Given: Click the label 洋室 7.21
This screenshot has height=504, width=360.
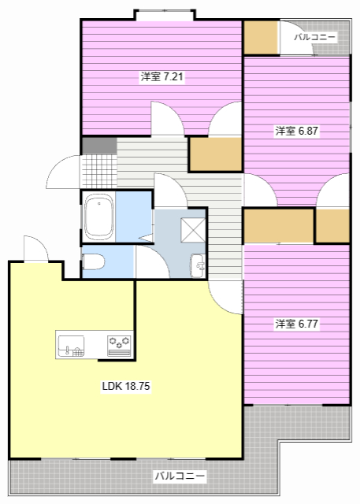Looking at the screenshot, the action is (162, 77).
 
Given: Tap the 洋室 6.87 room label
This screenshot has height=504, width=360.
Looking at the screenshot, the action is (297, 131).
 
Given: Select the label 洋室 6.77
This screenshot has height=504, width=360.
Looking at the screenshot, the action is (297, 324).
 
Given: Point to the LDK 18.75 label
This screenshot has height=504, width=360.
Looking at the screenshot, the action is (126, 386).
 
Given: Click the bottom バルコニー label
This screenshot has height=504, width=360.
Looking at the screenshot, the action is (180, 476).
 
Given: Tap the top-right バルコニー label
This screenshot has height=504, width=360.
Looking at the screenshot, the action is (315, 37).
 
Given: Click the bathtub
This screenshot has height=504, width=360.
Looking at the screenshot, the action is (99, 217).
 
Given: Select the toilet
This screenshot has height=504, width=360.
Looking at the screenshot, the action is (93, 261).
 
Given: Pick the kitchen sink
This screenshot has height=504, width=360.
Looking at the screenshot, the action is (71, 346).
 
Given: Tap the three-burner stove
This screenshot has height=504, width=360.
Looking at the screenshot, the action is (119, 346).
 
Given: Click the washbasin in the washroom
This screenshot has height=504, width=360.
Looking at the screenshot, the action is (198, 265).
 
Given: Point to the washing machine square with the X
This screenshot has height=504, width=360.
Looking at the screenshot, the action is (193, 229).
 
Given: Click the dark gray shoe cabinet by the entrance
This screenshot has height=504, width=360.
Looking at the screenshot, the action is (99, 146).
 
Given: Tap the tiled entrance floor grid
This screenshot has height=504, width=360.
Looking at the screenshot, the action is (98, 171).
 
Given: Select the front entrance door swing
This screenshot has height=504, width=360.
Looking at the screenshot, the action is (63, 172).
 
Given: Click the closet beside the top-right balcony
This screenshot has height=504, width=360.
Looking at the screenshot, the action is (261, 38).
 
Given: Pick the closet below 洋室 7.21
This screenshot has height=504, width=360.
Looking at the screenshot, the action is (216, 154).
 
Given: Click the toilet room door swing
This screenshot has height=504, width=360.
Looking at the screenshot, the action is (152, 261).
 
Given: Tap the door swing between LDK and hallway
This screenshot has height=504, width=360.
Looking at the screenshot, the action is (225, 298).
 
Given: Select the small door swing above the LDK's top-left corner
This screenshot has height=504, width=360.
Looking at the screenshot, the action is (36, 249).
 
